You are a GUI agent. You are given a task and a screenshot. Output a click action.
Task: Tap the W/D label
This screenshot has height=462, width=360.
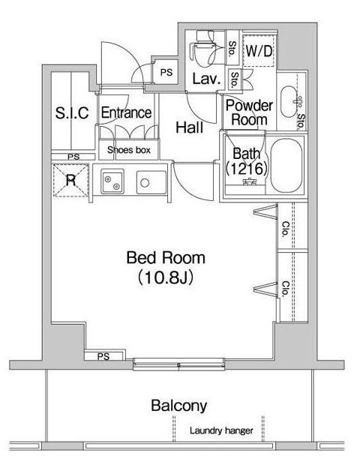(x=259, y=51)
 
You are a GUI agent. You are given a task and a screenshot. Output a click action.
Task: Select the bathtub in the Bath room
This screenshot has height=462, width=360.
(x=286, y=166)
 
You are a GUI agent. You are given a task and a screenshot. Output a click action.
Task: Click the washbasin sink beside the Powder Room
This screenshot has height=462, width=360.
(x=289, y=102)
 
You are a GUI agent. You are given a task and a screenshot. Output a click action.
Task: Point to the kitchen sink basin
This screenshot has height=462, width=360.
(x=112, y=181)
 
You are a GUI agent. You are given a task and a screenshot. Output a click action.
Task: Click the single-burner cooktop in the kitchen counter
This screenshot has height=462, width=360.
(x=151, y=182)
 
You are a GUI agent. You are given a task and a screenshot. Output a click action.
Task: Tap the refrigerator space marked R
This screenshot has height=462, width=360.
(x=70, y=180)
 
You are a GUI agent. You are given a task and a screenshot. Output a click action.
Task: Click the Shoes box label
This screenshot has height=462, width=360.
(x=129, y=150)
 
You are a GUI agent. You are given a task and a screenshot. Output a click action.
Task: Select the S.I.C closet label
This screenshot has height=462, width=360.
(x=72, y=112)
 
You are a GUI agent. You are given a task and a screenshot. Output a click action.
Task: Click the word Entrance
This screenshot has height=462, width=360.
(x=126, y=112)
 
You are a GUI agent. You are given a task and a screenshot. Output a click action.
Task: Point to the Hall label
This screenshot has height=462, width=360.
(x=190, y=127)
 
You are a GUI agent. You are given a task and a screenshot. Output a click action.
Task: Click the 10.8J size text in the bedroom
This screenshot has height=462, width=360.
(x=166, y=277)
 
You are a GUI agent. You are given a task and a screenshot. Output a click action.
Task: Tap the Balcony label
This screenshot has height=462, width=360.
(x=178, y=406)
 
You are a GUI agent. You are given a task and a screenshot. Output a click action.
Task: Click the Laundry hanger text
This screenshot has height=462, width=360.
(x=221, y=430)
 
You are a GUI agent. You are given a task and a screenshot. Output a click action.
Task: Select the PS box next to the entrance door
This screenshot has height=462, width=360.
(x=166, y=72)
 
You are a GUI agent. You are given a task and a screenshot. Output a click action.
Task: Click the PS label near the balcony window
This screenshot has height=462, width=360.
(x=103, y=357)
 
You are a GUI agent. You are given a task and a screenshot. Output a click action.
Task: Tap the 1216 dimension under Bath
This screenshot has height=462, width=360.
(x=247, y=169)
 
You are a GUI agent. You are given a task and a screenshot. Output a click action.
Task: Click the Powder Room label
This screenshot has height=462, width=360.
(x=249, y=112)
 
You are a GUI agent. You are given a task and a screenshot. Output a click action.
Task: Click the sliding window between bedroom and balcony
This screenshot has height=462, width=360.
(x=178, y=364)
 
